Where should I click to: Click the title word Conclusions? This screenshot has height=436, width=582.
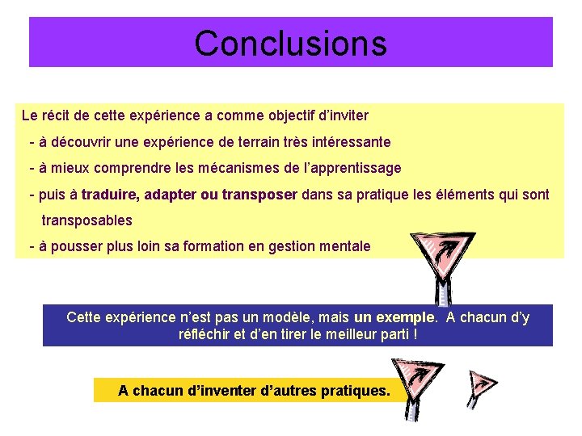point(290,43)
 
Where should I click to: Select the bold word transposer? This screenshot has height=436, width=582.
point(259,195)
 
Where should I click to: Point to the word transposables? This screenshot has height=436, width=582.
point(86,220)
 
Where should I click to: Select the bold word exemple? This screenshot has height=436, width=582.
point(407,317)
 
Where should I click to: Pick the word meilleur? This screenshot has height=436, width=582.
point(326,334)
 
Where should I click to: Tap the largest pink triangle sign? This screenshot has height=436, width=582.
point(436,253)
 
